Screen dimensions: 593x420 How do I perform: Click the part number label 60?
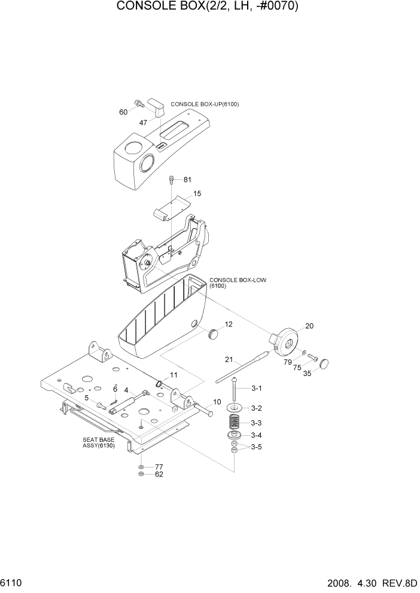click(123, 112)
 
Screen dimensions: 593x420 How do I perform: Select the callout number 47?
click(144, 123)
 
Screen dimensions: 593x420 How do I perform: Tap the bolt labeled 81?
click(172, 179)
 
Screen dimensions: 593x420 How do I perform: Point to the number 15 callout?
click(197, 194)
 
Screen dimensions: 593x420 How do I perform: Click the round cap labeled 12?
click(213, 333)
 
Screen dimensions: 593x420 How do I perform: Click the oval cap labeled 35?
click(325, 363)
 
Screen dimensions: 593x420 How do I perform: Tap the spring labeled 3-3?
click(235, 423)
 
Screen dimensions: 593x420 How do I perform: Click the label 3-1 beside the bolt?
click(257, 389)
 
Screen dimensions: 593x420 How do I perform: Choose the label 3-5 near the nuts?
click(257, 447)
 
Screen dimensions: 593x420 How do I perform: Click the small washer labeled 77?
click(140, 466)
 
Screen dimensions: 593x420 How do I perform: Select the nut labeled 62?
click(140, 475)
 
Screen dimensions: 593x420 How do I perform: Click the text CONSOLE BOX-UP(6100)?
click(205, 104)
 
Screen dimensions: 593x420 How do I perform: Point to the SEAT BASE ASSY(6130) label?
click(99, 443)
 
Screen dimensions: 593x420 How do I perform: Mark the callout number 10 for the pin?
click(217, 402)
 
